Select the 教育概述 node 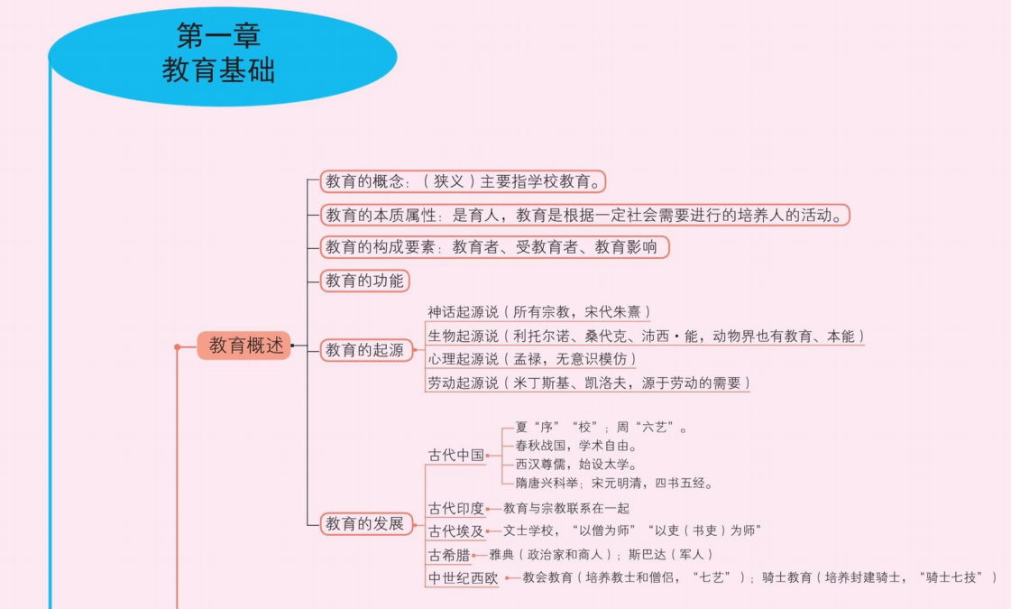coord(245,346)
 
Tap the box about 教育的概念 coord(462,181)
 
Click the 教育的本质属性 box coord(584,215)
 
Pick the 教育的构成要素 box coord(494,246)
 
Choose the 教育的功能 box coord(364,281)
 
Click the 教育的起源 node coord(364,350)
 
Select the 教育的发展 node coord(364,523)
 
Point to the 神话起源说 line coord(538,312)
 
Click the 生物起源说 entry coord(645,336)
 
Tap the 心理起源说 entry coord(531,359)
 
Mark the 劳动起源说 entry coord(588,383)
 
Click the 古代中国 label coord(455,455)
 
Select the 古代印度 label coord(455,508)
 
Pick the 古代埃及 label coord(455,531)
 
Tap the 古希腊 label coord(449,554)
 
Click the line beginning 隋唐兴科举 coord(614,483)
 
